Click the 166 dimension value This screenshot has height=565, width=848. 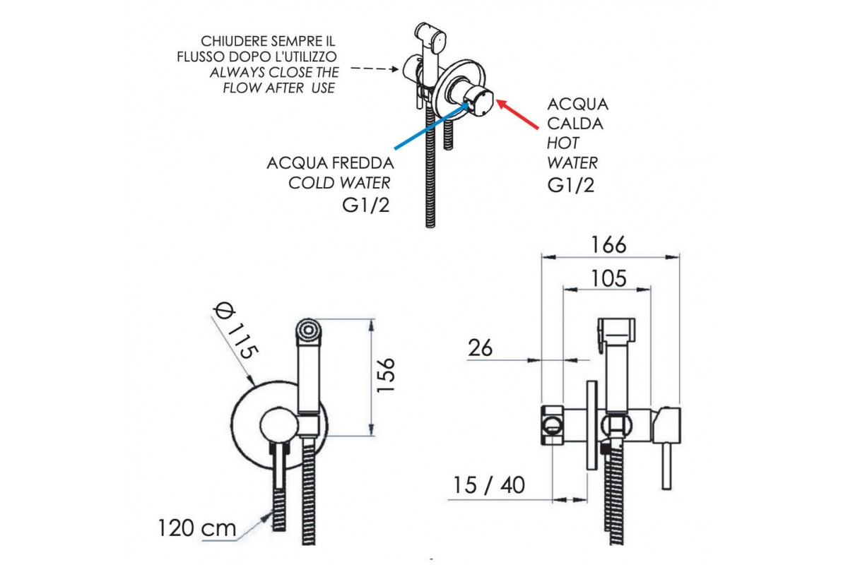(609, 244)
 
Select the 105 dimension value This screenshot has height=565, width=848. (609, 278)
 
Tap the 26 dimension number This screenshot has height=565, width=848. (480, 347)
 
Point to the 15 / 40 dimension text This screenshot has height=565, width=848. (490, 486)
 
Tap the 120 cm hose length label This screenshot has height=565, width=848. (197, 528)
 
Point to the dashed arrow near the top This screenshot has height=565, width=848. (374, 69)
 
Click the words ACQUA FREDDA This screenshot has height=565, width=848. (330, 163)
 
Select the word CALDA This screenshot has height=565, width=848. (575, 124)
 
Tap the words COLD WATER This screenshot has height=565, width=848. (339, 183)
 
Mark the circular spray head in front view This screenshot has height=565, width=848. (307, 329)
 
